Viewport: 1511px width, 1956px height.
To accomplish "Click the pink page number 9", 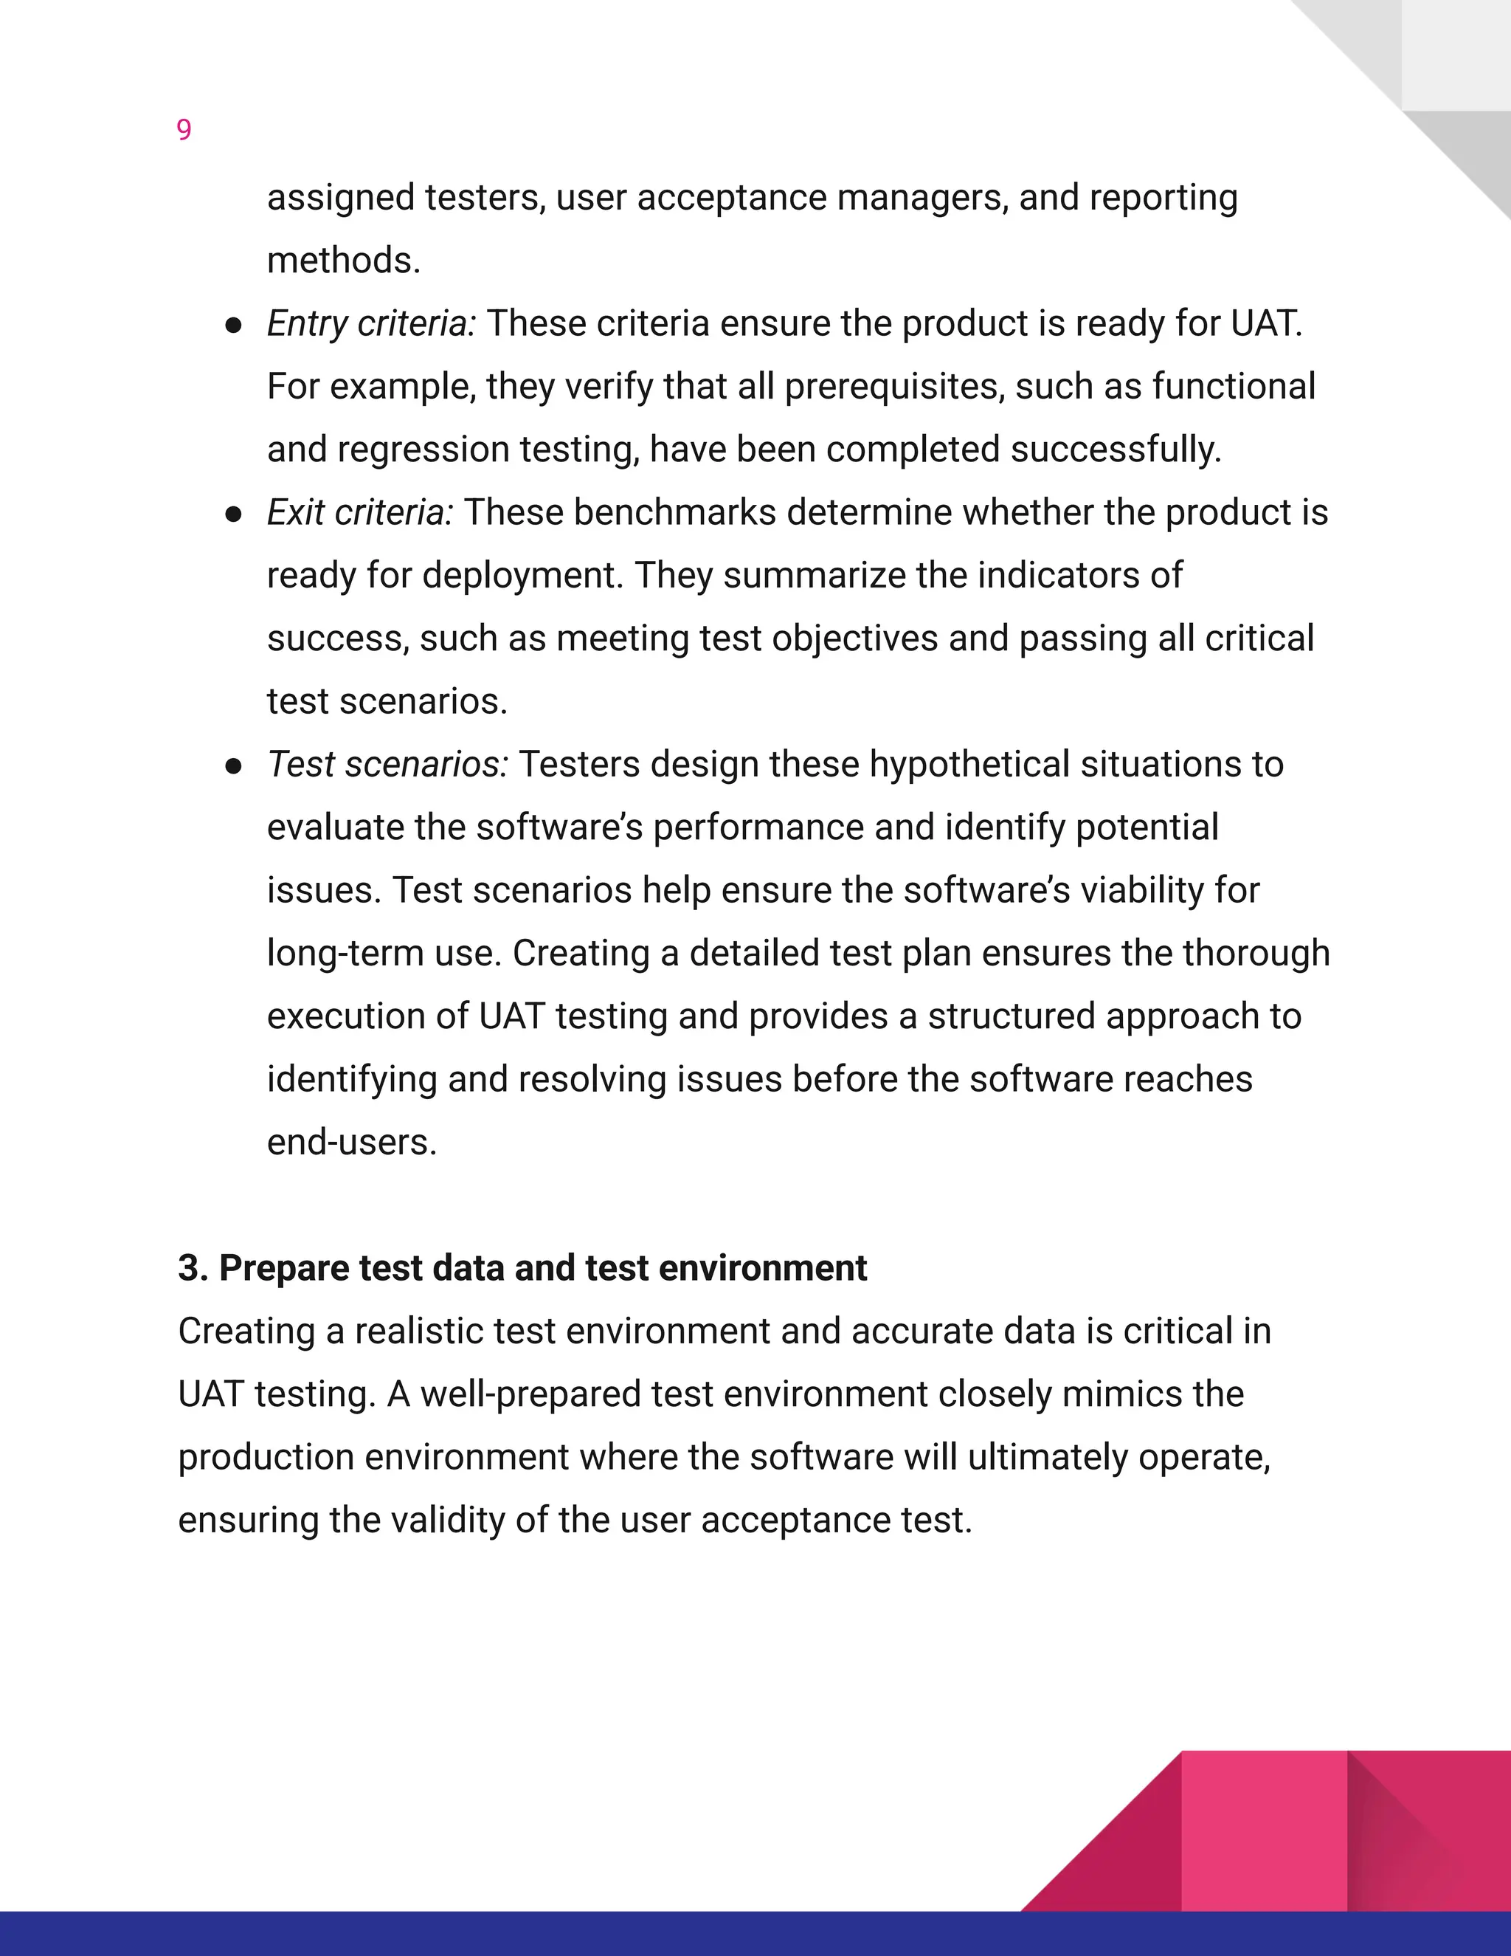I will click(x=184, y=131).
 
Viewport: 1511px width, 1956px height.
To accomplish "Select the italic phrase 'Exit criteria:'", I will click(x=360, y=513).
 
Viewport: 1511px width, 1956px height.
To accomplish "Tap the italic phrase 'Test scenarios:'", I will click(x=387, y=765).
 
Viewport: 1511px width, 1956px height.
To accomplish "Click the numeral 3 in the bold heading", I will click(x=188, y=1268).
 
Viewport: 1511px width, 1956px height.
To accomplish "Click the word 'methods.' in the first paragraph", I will click(x=344, y=261).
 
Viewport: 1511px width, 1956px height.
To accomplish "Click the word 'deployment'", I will click(x=522, y=576).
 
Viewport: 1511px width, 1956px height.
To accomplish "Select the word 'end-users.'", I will click(x=352, y=1143).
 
